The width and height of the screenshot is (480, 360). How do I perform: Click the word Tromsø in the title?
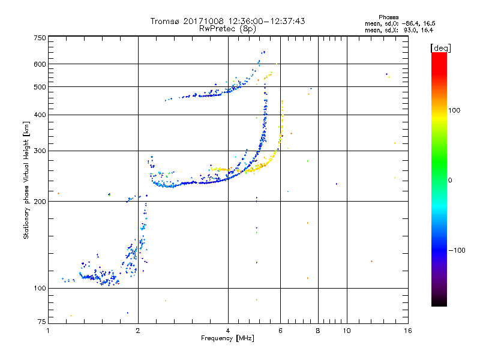(164, 21)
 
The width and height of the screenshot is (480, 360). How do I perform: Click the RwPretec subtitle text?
(217, 28)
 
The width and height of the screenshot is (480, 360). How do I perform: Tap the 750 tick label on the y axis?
(40, 38)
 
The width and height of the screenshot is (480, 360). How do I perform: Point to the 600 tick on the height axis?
(40, 64)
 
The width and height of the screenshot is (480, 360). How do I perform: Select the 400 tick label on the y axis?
(40, 115)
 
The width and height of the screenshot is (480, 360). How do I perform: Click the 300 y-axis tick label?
(40, 151)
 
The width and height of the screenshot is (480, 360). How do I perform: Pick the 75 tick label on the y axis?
(41, 323)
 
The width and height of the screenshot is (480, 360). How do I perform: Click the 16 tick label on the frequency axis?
(407, 331)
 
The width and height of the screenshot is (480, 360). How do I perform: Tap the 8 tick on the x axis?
(318, 331)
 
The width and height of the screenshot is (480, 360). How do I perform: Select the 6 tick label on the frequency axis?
(281, 331)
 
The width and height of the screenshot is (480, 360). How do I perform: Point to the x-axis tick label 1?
(49, 331)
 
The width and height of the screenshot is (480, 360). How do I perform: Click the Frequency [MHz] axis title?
(227, 338)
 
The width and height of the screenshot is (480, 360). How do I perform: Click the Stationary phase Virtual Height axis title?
(26, 180)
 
